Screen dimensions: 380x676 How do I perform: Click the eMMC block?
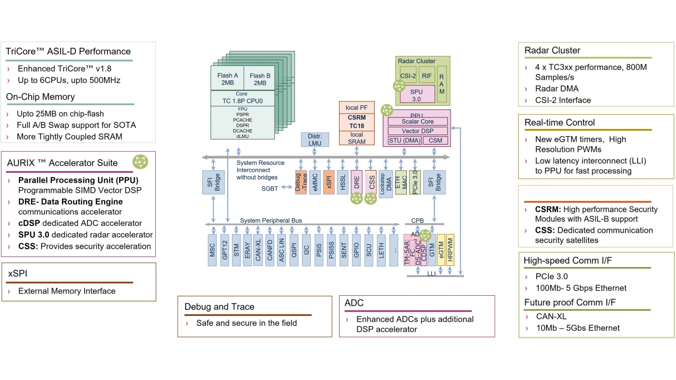(x=315, y=182)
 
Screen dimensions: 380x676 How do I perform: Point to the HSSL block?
(x=343, y=182)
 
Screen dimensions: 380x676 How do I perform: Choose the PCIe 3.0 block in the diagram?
(x=414, y=182)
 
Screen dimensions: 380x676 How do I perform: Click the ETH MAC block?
(x=401, y=182)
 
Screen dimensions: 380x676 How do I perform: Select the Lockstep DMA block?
(x=386, y=182)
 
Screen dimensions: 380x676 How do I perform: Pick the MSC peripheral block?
(x=212, y=250)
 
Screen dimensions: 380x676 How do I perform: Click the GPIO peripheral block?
(x=356, y=250)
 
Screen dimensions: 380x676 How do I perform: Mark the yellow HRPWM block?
(x=450, y=249)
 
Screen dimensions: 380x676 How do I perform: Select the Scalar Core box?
(x=418, y=121)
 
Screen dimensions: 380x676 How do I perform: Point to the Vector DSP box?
(x=418, y=131)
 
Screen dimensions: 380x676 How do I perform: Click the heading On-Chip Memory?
(x=40, y=97)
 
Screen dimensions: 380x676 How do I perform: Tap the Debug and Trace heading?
(x=219, y=306)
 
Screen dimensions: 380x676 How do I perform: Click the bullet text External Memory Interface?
(x=67, y=291)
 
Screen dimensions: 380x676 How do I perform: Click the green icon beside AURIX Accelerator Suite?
(x=141, y=161)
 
